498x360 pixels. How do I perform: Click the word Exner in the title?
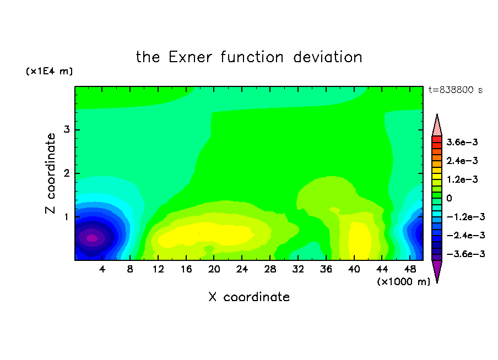point(190,57)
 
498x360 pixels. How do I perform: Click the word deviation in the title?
point(327,57)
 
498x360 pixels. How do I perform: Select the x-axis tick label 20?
point(214,269)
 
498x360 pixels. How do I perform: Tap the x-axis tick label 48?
point(410,269)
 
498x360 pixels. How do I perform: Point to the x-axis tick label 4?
point(102,269)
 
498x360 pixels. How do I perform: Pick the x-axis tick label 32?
point(298,269)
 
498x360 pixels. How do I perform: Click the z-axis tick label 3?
point(67,129)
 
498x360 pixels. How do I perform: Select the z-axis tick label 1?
point(67,217)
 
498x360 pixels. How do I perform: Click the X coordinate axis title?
point(249,297)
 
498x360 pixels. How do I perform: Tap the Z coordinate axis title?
point(51,173)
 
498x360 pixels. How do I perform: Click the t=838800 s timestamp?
point(456,90)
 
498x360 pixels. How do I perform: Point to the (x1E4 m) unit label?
point(49,71)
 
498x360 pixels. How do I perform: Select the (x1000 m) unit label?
point(403,281)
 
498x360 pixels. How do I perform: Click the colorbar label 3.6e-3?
point(462,142)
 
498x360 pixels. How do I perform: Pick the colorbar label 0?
point(449,198)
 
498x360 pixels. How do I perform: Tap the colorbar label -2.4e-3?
point(465,235)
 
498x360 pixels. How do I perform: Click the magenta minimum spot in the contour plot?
point(92,238)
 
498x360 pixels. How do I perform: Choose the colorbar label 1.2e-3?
point(462,179)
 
